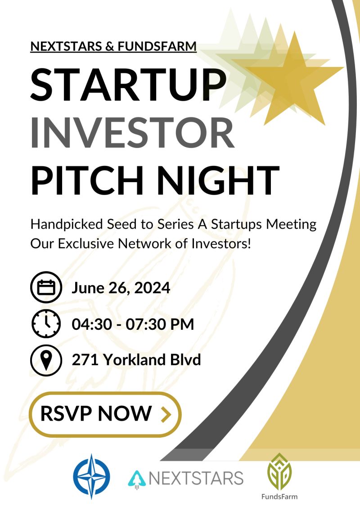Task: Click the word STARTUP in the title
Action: point(128,85)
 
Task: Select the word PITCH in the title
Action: point(87,180)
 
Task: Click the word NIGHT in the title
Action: point(218,180)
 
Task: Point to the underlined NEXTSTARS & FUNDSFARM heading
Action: point(113,46)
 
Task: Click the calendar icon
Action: point(46,287)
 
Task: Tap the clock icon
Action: point(46,323)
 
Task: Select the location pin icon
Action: point(46,360)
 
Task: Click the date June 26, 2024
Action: point(121,288)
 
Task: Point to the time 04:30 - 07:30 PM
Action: point(133,324)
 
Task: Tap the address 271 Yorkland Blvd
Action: point(136,359)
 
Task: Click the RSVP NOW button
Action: point(105,414)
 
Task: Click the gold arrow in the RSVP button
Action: point(166,414)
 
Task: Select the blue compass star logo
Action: point(91,476)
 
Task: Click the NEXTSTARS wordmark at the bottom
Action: point(196,478)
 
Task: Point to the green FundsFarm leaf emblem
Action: point(279,471)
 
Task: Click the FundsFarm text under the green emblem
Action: point(279,496)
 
